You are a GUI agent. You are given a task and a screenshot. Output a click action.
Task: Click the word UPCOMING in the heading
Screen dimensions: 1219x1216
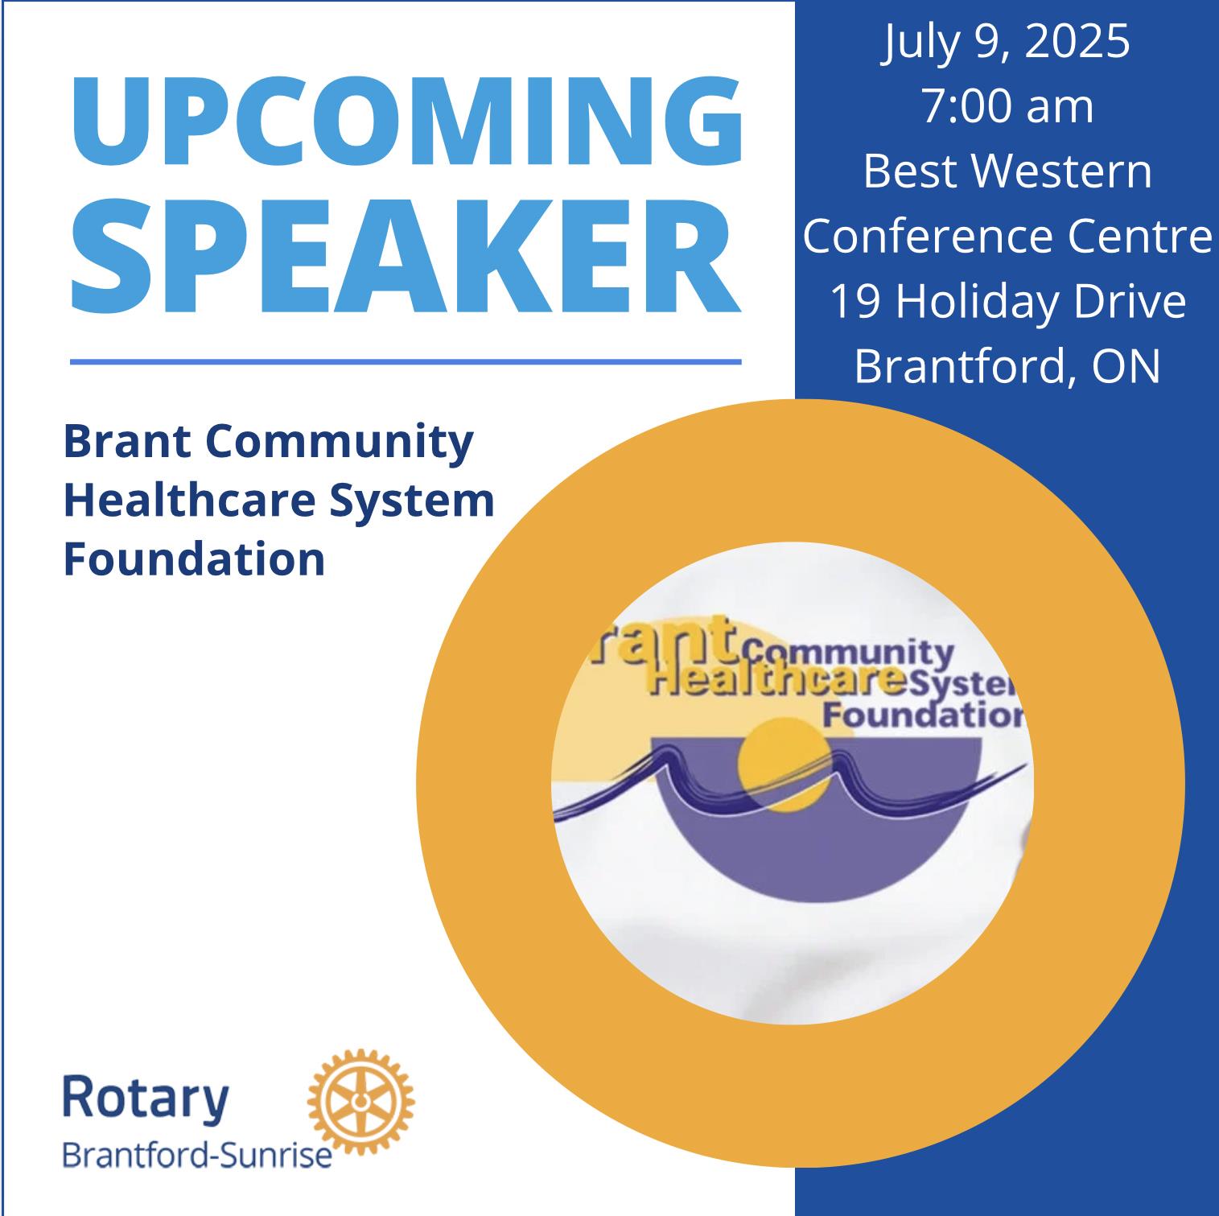click(x=406, y=122)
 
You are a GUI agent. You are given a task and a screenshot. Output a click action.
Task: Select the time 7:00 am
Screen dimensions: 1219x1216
click(x=1007, y=107)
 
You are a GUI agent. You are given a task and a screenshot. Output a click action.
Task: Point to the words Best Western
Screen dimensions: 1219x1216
click(x=1007, y=171)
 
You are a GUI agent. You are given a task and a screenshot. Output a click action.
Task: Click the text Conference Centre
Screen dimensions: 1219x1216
click(x=1007, y=236)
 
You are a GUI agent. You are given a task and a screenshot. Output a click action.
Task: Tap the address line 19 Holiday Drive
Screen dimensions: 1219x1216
click(x=1007, y=301)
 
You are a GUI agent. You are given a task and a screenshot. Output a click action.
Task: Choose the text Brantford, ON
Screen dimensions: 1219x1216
click(x=1007, y=365)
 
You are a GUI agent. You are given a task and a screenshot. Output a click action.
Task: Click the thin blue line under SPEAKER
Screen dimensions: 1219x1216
click(x=406, y=362)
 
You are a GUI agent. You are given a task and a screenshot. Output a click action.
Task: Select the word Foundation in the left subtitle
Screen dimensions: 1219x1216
click(x=194, y=559)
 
